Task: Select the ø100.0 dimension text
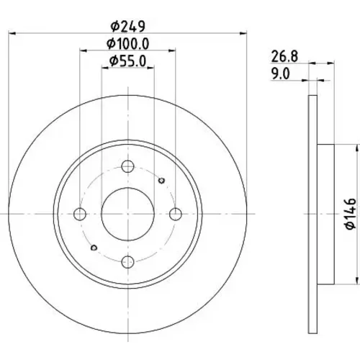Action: pyautogui.click(x=128, y=44)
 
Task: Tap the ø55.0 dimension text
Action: pyautogui.click(x=128, y=61)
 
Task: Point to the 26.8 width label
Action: pyautogui.click(x=284, y=56)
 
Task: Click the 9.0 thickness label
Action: pyautogui.click(x=281, y=73)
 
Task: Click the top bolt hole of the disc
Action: pyautogui.click(x=127, y=166)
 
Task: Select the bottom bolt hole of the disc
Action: pyautogui.click(x=127, y=262)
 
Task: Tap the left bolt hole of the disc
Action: pyautogui.click(x=80, y=214)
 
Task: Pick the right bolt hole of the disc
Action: pyautogui.click(x=176, y=214)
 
